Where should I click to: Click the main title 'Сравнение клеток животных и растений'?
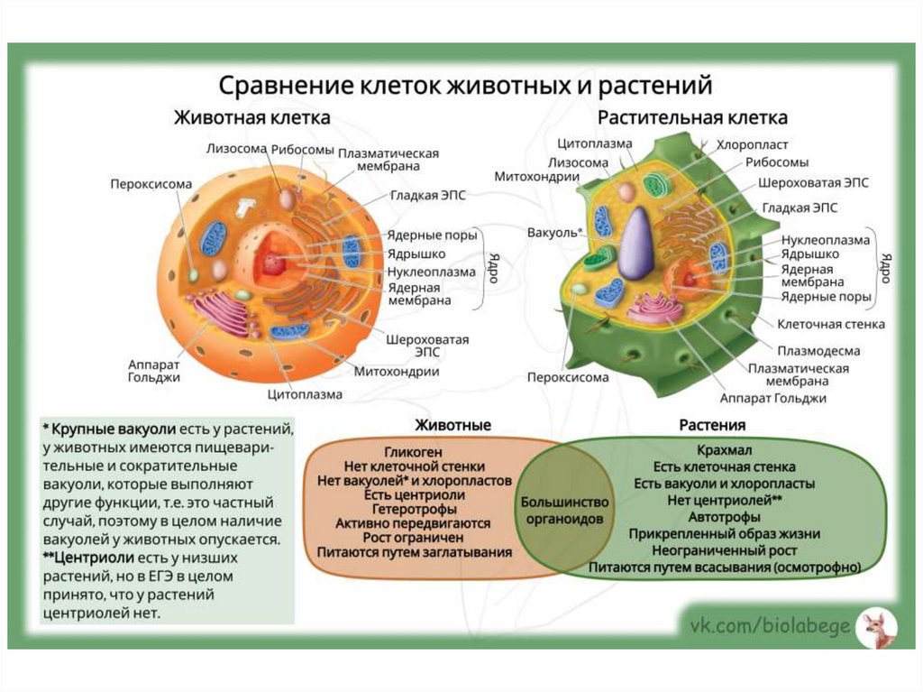(x=467, y=87)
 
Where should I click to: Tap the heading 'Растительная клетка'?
(x=692, y=118)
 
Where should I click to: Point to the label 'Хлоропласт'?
(x=752, y=144)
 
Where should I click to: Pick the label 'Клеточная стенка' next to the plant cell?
(x=831, y=324)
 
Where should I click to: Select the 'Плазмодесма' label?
(x=818, y=350)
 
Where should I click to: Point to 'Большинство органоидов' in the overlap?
(x=564, y=511)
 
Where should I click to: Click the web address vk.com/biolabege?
(x=770, y=626)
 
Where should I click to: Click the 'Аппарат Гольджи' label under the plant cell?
(x=773, y=398)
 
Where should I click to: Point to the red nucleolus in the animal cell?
(x=272, y=264)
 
